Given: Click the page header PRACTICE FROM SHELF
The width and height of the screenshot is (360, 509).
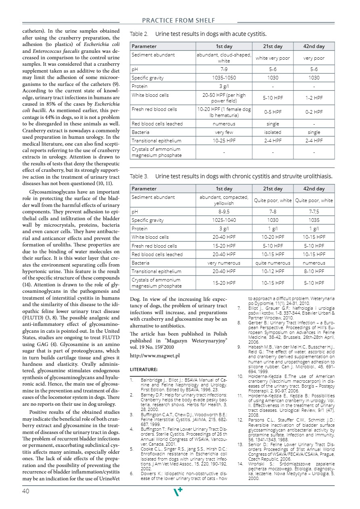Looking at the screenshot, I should point(178,21).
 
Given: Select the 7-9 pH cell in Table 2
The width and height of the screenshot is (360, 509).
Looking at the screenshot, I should point(224,69).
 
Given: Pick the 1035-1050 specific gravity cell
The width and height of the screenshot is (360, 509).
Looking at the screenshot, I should point(224,78).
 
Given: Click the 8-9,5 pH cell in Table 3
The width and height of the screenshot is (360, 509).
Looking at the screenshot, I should point(224,211).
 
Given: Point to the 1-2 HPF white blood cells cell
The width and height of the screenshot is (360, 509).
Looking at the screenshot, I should point(314,98).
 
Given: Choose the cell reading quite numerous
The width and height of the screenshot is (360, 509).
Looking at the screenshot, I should point(273,263).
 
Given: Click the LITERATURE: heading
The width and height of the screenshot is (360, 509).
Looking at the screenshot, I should point(143,369).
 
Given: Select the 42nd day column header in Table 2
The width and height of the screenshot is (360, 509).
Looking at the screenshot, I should point(314,46).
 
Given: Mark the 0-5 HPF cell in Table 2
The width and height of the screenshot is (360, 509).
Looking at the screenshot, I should point(273,112).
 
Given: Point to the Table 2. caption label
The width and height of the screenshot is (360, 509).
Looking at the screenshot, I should point(139,34).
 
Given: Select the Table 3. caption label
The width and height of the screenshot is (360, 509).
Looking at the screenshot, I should point(139,176).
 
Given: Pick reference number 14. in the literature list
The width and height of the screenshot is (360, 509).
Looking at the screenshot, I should point(239,465).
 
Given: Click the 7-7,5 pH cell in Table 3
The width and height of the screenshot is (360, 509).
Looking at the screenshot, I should point(314,211).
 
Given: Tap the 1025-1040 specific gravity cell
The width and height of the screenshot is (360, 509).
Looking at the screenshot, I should point(224,220).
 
